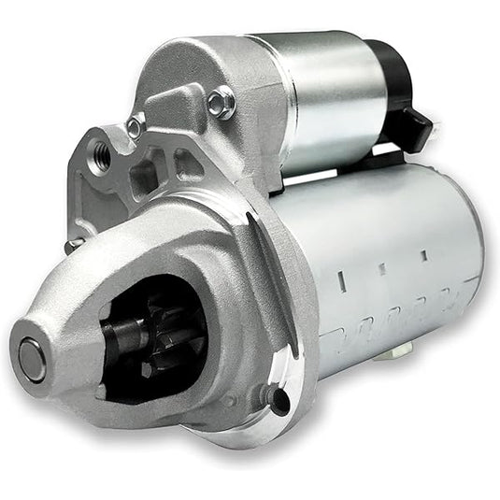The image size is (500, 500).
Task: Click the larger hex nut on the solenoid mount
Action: [221, 102]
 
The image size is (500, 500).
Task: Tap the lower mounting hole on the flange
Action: [275, 396]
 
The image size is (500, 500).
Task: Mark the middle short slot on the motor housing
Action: [380, 269]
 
